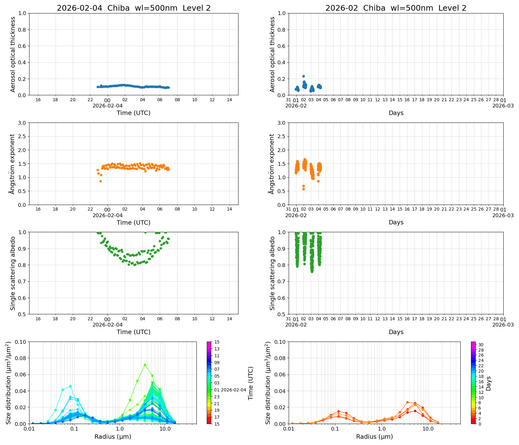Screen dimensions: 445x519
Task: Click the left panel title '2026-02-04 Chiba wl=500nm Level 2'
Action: tap(134, 8)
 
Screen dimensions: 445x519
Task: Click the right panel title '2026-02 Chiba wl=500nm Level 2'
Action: tap(396, 8)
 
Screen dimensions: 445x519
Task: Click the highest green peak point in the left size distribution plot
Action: tap(145, 365)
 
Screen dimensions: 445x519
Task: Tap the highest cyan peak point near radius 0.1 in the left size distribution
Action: tap(70, 386)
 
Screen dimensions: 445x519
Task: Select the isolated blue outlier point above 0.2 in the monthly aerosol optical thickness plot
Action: tap(303, 76)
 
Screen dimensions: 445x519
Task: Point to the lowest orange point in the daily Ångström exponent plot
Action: tap(100, 181)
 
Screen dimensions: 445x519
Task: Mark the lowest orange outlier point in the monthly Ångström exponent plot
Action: tap(303, 189)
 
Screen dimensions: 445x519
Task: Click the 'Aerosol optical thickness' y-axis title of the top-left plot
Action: tap(13, 54)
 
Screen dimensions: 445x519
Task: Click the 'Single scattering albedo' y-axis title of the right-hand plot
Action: tap(272, 273)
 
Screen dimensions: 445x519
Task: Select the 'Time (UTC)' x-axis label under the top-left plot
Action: tap(133, 113)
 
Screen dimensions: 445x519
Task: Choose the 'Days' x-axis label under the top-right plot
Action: tap(396, 113)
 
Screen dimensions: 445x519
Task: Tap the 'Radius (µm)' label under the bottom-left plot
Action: tap(113, 437)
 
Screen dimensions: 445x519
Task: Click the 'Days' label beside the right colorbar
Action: tap(489, 383)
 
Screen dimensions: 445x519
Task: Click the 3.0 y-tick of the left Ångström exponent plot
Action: tap(22, 123)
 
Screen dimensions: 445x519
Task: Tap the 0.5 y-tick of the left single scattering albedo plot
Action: tap(22, 314)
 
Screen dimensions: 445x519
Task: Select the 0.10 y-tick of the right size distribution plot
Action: tap(280, 342)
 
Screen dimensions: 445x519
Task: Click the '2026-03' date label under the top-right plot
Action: tap(503, 106)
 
